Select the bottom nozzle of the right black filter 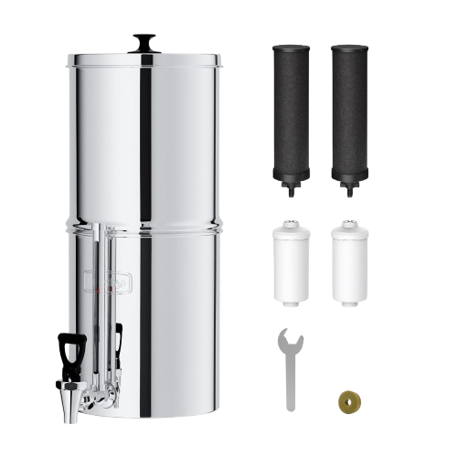(351, 191)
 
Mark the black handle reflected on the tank (118, 339)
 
